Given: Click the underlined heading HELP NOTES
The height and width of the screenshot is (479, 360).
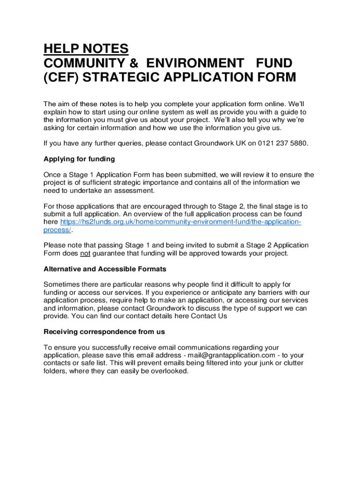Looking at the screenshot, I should (86, 49).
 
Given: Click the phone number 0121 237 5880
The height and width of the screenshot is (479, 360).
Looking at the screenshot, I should (282, 143).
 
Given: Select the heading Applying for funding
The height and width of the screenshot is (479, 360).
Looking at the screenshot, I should (79, 159).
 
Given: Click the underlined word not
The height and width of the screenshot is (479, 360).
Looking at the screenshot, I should (85, 254).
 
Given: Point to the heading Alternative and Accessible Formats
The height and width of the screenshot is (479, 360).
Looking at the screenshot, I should (105, 269).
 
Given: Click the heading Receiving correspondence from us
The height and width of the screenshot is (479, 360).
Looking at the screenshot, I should (104, 332).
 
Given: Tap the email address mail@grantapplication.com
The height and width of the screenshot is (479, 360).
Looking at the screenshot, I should (231, 355).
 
